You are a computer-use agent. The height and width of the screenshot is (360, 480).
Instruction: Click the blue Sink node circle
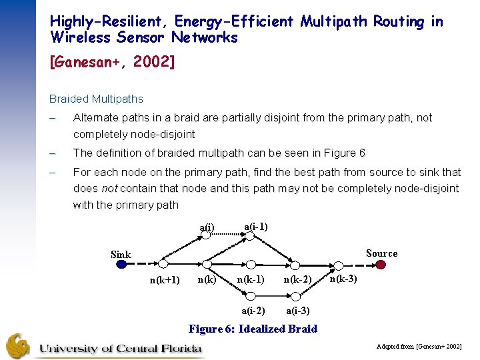coord(121,264)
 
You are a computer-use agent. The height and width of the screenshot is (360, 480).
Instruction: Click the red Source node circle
coord(381,264)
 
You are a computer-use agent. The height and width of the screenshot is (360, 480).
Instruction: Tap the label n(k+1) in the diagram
coord(164,280)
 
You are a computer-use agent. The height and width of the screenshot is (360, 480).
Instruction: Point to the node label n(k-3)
coord(343,278)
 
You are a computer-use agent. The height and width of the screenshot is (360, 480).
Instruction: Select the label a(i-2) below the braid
coord(253,310)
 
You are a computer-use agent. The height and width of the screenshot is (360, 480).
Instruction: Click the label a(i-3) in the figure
coord(297,310)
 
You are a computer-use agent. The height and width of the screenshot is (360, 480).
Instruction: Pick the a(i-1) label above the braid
coord(256,227)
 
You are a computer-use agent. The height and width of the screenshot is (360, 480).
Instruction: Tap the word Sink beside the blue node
coord(121,255)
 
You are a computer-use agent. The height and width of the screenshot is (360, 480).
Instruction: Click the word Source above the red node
coord(381,253)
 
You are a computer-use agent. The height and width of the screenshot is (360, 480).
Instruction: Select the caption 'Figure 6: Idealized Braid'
coord(253,329)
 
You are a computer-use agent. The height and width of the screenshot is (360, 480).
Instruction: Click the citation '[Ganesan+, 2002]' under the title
coord(112,63)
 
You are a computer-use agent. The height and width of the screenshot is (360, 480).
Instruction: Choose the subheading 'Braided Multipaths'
coord(96,99)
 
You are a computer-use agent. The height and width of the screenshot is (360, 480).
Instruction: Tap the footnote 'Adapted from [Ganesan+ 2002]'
coord(419,347)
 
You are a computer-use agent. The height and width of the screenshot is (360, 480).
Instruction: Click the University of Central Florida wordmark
coord(121,347)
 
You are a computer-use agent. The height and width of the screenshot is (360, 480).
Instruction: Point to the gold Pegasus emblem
coord(18,346)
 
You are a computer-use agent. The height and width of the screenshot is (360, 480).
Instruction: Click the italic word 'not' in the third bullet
coord(108,188)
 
